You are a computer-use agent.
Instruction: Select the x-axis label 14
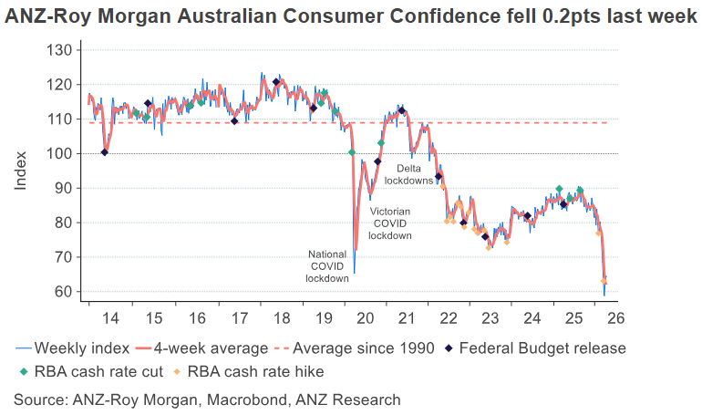pos(110,318)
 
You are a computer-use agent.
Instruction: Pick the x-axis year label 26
pos(615,318)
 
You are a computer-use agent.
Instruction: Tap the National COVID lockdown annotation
pos(326,265)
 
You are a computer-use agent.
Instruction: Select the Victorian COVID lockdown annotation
pos(390,223)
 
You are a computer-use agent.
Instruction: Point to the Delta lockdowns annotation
pos(408,174)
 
